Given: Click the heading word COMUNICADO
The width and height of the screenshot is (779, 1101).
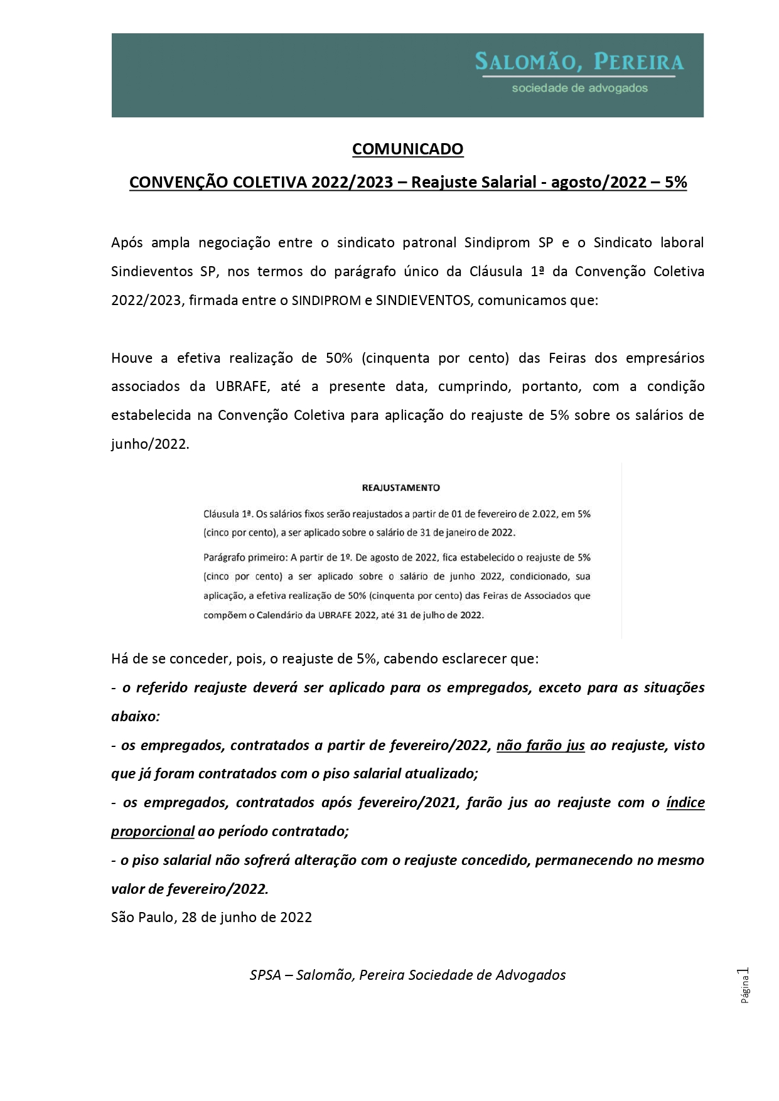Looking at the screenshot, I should click(x=407, y=149).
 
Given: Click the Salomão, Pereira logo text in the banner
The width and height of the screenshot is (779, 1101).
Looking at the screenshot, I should click(x=579, y=62).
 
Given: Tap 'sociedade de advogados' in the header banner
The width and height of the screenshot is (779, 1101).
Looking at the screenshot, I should click(x=579, y=88).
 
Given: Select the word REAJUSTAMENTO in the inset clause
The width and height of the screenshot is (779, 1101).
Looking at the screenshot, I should click(x=401, y=487).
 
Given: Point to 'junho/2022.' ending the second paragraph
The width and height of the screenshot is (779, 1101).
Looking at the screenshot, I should click(x=150, y=444).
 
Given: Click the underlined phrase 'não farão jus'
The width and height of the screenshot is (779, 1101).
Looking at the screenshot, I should click(x=540, y=745).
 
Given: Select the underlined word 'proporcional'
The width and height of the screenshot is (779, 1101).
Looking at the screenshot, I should click(x=153, y=831).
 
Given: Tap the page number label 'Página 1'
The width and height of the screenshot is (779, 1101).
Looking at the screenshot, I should click(x=745, y=986).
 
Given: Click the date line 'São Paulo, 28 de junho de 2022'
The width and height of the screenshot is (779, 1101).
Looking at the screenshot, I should click(x=212, y=917).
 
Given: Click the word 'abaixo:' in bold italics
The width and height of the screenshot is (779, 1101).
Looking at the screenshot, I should click(x=136, y=716).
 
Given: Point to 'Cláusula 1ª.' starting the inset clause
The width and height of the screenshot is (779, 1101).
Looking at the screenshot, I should click(x=228, y=513).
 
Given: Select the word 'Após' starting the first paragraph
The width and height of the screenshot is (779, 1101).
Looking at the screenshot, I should click(x=127, y=242).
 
